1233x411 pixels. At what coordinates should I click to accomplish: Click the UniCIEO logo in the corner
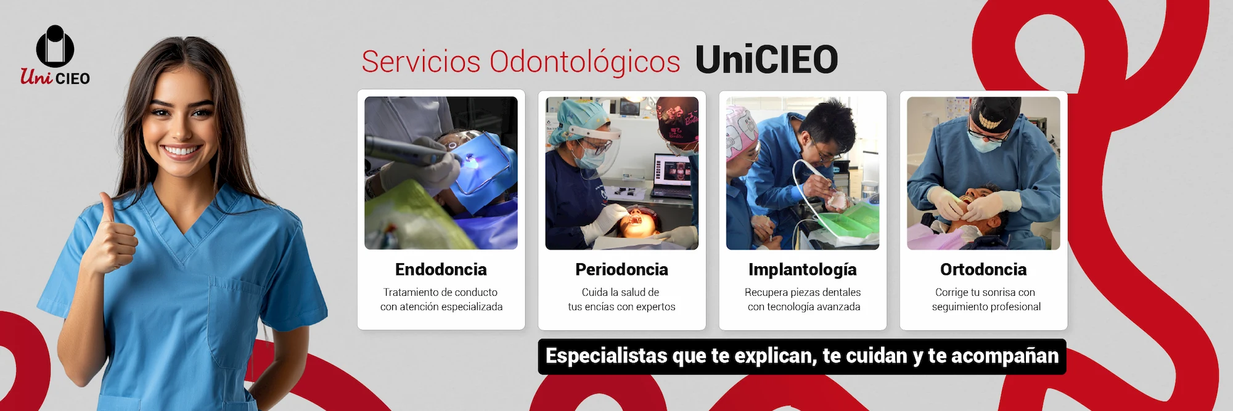click(55, 55)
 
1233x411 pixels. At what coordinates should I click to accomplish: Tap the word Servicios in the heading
click(421, 62)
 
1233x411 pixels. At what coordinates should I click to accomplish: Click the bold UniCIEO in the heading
click(766, 60)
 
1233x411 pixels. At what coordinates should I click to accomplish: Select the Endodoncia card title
click(441, 269)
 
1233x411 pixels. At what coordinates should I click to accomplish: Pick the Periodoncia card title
click(621, 269)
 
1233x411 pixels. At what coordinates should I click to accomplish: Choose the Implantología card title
click(803, 270)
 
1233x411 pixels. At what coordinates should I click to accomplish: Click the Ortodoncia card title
click(983, 269)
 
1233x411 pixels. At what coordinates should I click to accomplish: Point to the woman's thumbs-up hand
click(113, 237)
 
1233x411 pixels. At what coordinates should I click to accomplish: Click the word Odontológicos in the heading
click(585, 62)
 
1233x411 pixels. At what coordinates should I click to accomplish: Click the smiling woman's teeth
click(182, 150)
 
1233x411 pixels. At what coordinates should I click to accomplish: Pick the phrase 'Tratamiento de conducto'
click(440, 292)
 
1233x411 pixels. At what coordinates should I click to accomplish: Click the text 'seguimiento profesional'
click(986, 307)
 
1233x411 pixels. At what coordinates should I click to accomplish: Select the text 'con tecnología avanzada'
click(804, 307)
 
